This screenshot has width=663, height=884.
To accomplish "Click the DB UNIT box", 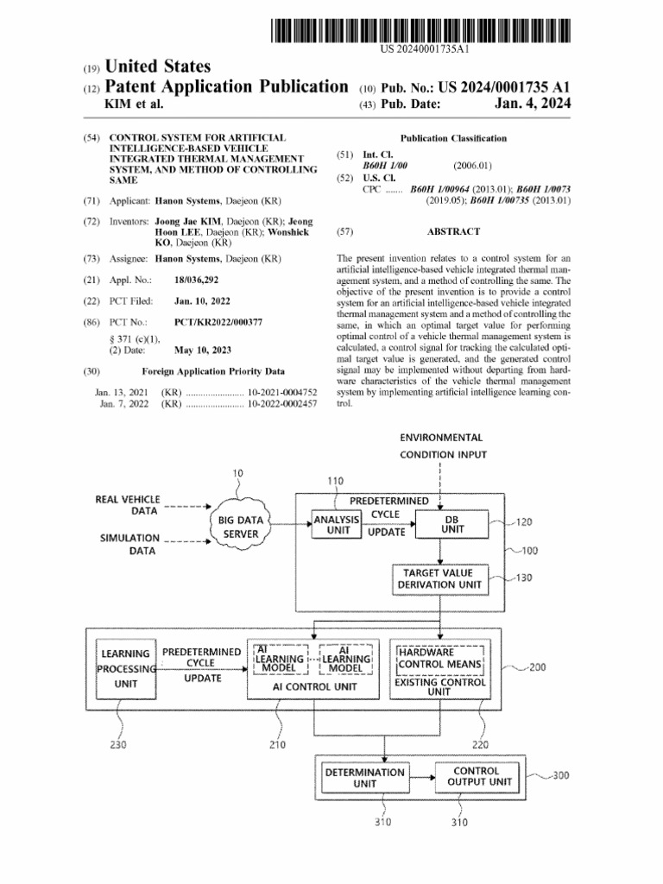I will [x=452, y=524].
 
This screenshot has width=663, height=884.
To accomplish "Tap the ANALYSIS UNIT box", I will [x=335, y=525].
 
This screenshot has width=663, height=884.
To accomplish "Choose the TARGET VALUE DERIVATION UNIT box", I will [x=439, y=579].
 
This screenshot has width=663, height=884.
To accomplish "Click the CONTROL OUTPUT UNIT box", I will [x=476, y=776].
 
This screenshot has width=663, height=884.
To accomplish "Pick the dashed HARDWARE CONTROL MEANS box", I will [x=439, y=659].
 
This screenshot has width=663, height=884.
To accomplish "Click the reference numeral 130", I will [x=523, y=578].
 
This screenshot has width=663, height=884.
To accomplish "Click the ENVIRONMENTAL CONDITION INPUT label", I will [x=442, y=446].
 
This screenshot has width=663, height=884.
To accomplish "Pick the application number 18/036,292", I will [x=196, y=281].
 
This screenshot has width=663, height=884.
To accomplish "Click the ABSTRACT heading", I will [x=453, y=231].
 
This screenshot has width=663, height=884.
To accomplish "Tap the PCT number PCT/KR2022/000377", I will [x=218, y=322].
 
